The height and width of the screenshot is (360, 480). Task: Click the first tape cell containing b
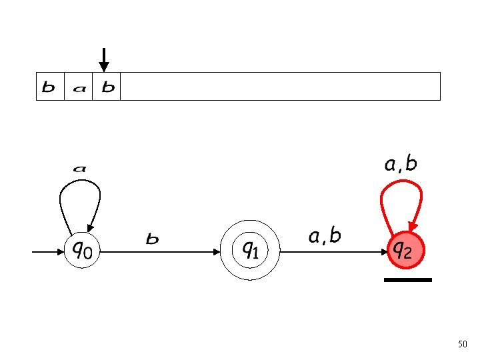[x=49, y=87]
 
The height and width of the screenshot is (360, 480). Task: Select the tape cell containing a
[x=78, y=87]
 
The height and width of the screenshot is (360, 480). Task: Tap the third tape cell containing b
[x=107, y=87]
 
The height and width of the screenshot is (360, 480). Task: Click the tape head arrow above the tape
[x=103, y=59]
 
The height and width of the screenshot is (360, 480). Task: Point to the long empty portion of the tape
[x=280, y=87]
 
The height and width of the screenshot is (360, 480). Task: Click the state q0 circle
[x=82, y=251]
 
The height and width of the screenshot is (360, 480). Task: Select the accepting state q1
[x=251, y=251]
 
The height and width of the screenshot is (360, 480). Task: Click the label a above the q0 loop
[x=79, y=169]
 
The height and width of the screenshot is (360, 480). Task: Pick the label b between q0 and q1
[x=153, y=239]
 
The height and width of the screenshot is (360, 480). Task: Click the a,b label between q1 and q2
[x=325, y=235]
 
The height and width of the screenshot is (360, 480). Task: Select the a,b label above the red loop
[x=401, y=164]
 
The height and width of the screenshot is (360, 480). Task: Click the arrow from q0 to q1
[x=160, y=252]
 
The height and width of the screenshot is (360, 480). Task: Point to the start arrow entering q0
[x=47, y=252]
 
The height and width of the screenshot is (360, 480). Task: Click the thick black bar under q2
[x=408, y=280]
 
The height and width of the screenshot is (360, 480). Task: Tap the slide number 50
[x=463, y=344]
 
